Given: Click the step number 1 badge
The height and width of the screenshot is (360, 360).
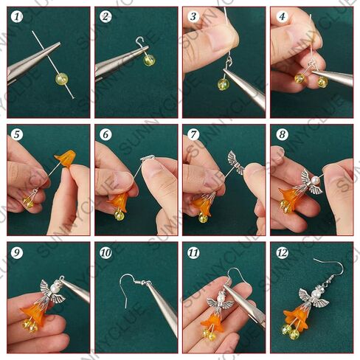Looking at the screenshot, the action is [17, 17].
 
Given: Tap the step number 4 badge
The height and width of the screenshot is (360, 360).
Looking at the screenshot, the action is [282, 16].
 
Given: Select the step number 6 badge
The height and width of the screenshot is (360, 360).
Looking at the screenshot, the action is [105, 134].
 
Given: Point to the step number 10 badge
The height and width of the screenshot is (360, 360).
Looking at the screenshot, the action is [105, 252].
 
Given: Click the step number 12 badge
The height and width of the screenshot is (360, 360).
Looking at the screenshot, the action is [282, 252].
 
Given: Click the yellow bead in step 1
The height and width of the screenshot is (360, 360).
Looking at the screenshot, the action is [61, 79].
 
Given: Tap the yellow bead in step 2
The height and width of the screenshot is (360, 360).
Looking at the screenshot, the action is [150, 60].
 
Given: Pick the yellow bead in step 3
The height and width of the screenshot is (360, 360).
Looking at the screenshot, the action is [223, 84].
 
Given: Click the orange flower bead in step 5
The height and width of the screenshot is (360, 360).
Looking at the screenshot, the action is [66, 158].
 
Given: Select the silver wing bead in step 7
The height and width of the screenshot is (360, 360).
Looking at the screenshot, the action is [235, 162].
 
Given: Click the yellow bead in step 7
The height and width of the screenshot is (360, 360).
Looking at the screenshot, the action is [203, 218].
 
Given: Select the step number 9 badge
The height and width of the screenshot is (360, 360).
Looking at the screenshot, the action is [17, 252].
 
